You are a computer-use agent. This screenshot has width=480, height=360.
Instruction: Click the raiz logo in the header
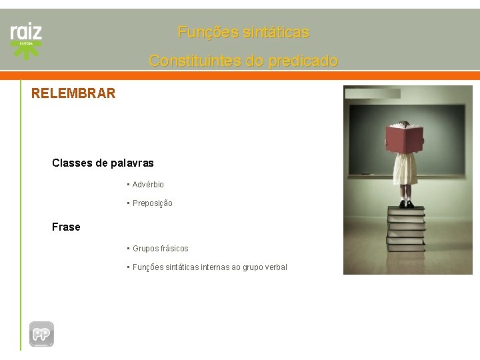tap(26, 32)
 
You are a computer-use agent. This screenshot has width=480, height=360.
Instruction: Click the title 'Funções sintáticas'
tap(243, 32)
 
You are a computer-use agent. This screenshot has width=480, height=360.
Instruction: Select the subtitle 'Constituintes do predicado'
tap(243, 61)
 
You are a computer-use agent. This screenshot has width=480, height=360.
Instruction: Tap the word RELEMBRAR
tap(73, 93)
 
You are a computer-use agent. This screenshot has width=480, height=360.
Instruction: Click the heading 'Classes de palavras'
tap(103, 163)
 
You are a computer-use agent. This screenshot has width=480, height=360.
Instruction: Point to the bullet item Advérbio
tap(147, 185)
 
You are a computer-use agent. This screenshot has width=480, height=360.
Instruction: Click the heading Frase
tap(66, 227)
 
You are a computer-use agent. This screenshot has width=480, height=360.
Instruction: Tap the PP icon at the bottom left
tap(41, 334)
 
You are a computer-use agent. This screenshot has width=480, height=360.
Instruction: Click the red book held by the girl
tap(405, 139)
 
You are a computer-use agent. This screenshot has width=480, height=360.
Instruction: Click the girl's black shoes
tap(406, 203)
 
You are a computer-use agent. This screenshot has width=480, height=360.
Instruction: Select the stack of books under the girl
tap(405, 230)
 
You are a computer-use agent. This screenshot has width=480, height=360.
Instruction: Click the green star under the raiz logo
tap(27, 48)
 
